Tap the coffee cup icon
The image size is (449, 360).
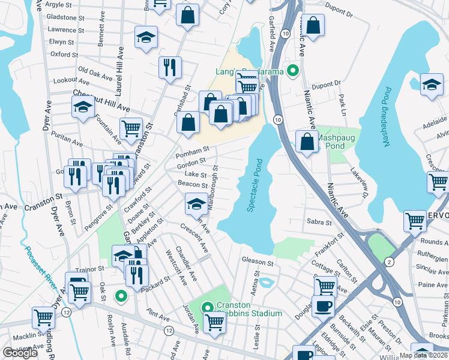coord(323,306)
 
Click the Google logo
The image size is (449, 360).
coord(20,353)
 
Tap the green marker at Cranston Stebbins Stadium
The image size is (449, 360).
coord(208,308)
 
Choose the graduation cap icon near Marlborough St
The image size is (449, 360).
coord(196,205)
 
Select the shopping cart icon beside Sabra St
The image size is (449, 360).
coord(415,221)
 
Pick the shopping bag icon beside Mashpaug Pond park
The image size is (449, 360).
coord(307,143)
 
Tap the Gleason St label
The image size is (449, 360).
coord(258,262)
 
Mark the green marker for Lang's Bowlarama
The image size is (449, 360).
coord(293,71)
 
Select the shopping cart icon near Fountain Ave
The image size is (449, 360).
coord(131,128)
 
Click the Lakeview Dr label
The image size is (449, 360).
coord(364,183)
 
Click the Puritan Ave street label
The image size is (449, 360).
coord(66,139)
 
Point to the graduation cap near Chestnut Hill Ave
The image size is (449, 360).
coord(82,109)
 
